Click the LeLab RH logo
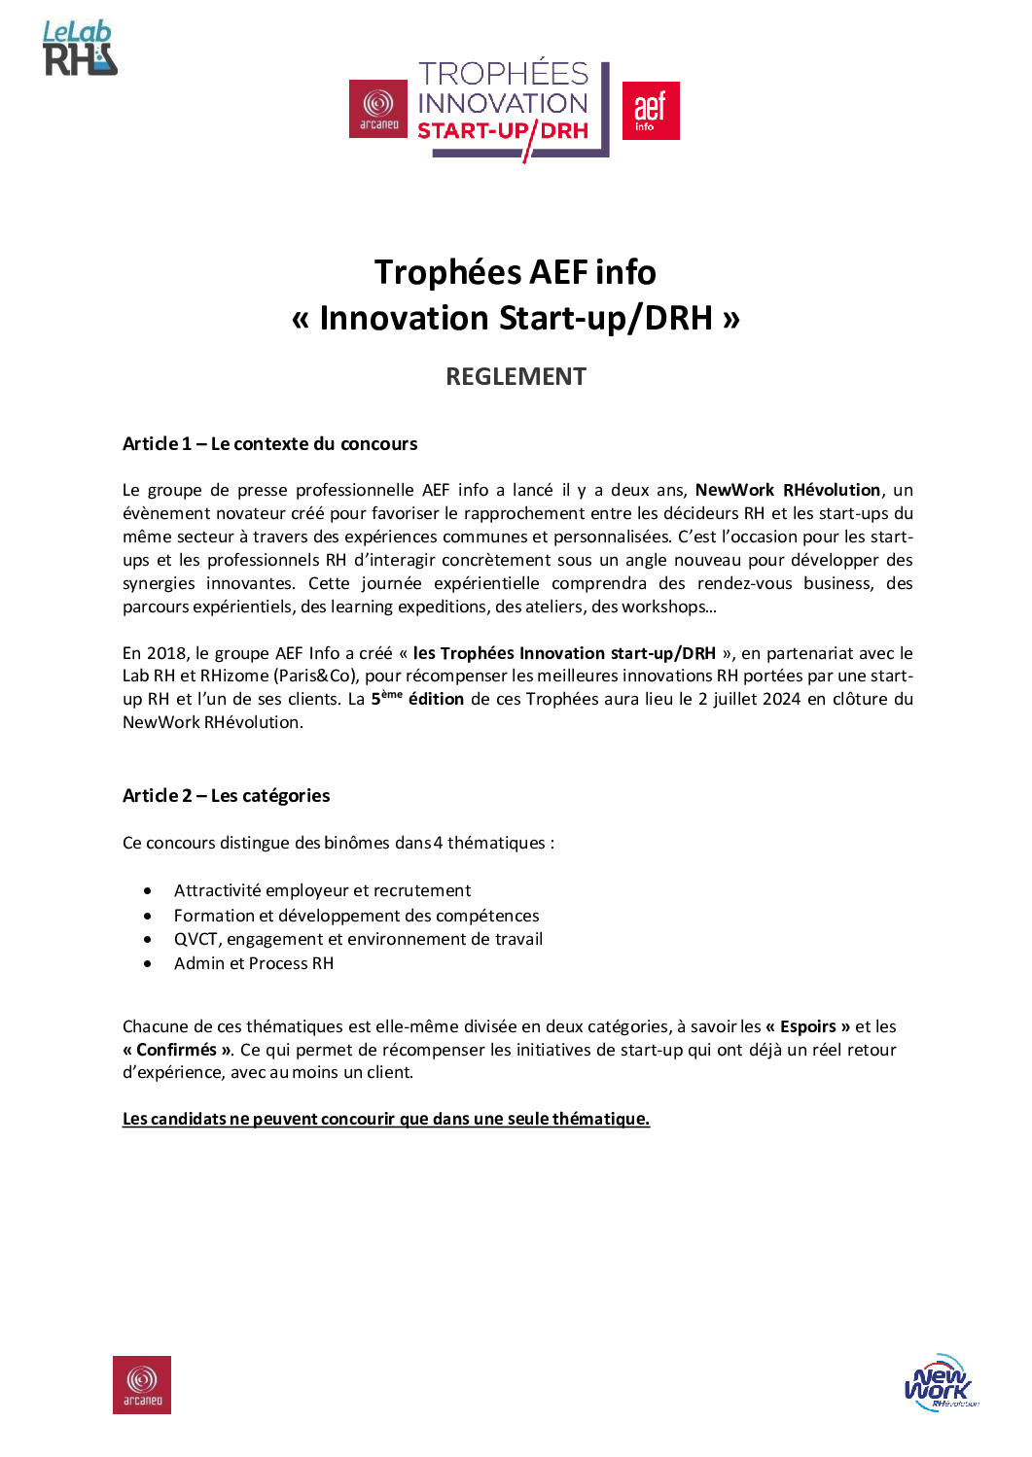click(x=80, y=49)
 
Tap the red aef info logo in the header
click(x=650, y=110)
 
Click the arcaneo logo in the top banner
click(x=378, y=109)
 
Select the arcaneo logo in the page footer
click(x=142, y=1384)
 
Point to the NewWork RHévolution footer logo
click(x=939, y=1382)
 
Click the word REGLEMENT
click(x=516, y=376)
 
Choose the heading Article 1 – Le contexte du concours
click(x=269, y=444)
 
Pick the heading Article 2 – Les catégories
click(x=226, y=796)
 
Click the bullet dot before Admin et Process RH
click(x=148, y=964)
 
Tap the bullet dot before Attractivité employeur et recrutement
click(x=148, y=890)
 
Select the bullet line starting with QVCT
click(x=358, y=939)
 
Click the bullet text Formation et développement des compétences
click(x=356, y=916)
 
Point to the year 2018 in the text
click(x=166, y=653)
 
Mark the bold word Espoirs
click(x=807, y=1026)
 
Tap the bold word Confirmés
click(x=176, y=1050)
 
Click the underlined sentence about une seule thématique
click(x=385, y=1119)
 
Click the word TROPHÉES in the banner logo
click(x=503, y=74)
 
